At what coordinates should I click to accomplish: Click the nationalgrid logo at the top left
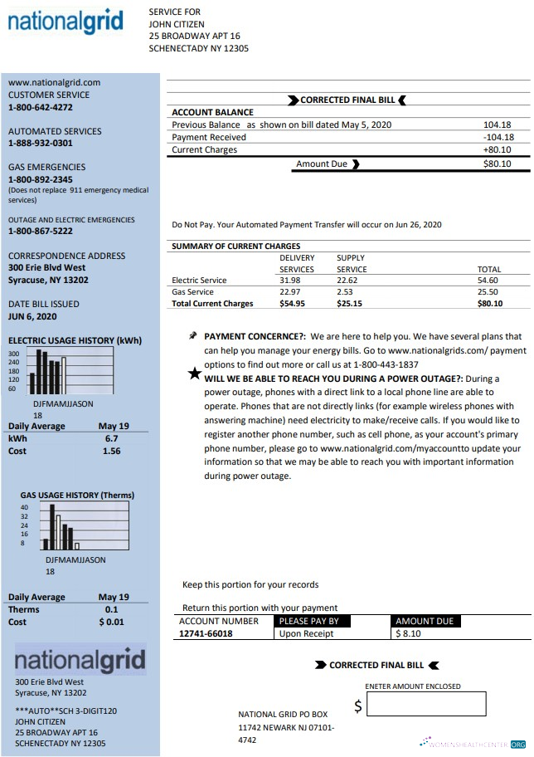pos(66,22)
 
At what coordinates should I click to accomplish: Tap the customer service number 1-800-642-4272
pos(41,107)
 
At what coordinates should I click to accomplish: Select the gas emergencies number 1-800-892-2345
pos(41,179)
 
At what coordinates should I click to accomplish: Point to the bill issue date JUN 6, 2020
pos(32,316)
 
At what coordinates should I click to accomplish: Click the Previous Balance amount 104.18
pos(498,125)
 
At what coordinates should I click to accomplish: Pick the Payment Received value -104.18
pos(498,137)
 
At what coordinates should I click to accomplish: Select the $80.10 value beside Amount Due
pos(497,164)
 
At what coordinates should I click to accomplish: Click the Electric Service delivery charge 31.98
pos(289,281)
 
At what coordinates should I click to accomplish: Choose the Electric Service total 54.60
pos(488,281)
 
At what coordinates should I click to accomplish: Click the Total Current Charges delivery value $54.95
pos(292,304)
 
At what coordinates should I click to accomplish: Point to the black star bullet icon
pos(194,374)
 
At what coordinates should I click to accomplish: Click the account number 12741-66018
pos(206,633)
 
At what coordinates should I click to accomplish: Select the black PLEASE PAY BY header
pos(308,621)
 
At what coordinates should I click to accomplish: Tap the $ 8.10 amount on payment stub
pos(410,633)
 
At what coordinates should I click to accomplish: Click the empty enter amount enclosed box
pos(425,706)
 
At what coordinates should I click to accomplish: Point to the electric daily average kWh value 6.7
pos(111,438)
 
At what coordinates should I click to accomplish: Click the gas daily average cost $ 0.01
pos(111,622)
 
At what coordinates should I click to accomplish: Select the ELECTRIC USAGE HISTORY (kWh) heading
pos(75,340)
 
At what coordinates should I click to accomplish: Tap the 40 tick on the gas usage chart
pos(24,507)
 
